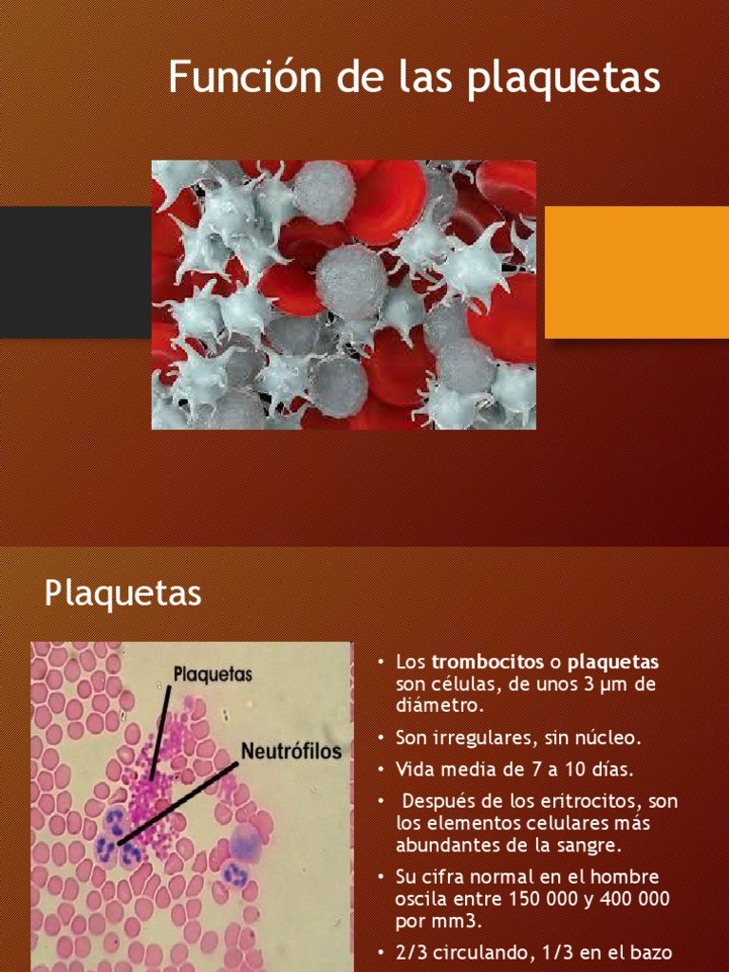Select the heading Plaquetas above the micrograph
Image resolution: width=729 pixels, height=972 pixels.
(x=122, y=594)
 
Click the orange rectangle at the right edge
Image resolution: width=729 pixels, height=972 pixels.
(x=636, y=272)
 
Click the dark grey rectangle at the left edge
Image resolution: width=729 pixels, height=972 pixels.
(x=75, y=272)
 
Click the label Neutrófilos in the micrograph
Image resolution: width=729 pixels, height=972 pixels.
(x=290, y=753)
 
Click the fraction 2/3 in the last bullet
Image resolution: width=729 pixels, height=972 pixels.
(x=409, y=952)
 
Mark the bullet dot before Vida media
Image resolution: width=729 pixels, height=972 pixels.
(x=380, y=770)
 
